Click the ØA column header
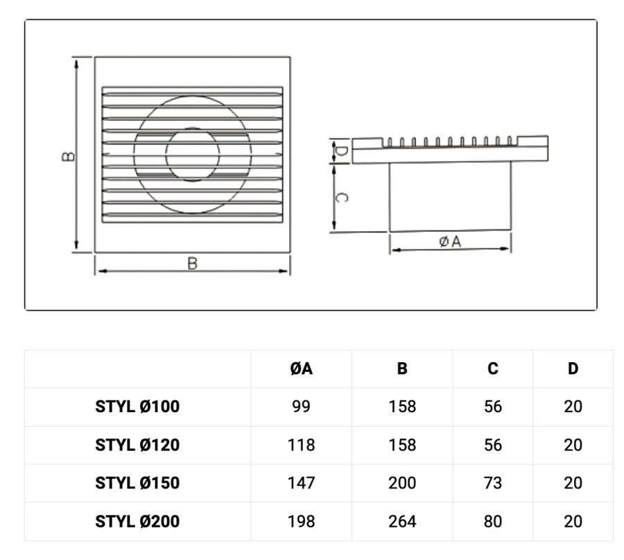click(302, 368)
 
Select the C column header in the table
click(493, 368)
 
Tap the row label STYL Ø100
click(137, 407)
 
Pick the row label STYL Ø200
click(137, 521)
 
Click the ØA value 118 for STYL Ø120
click(302, 445)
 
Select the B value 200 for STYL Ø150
click(402, 483)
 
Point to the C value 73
click(493, 483)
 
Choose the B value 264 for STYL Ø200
click(402, 521)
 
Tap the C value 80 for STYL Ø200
click(493, 521)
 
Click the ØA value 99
click(302, 407)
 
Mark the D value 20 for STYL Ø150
click(573, 483)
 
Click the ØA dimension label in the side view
click(450, 241)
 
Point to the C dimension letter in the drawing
click(341, 198)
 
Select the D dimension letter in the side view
click(341, 151)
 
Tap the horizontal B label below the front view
click(192, 264)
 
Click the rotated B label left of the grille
click(69, 156)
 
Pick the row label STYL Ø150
click(137, 483)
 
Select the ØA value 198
click(302, 521)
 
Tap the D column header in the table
click(573, 368)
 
